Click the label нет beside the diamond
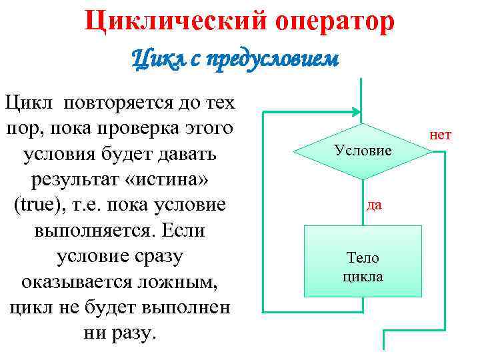click(x=441, y=135)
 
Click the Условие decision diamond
click(x=363, y=151)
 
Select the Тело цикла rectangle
click(x=363, y=261)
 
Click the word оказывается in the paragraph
click(x=74, y=281)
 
